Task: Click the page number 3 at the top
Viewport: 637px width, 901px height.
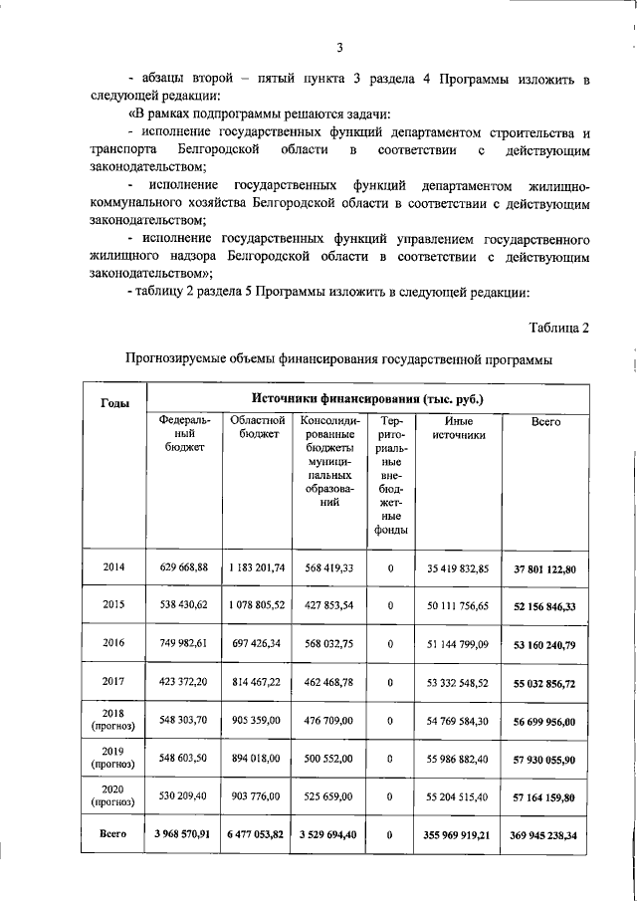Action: (x=339, y=47)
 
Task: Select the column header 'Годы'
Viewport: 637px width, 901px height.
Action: (x=114, y=402)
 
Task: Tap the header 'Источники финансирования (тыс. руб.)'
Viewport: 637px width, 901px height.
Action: (x=366, y=398)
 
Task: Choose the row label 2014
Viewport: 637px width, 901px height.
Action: (x=113, y=567)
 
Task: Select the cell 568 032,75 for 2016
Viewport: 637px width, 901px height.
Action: (x=329, y=642)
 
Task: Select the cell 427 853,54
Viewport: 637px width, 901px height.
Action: (x=329, y=604)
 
